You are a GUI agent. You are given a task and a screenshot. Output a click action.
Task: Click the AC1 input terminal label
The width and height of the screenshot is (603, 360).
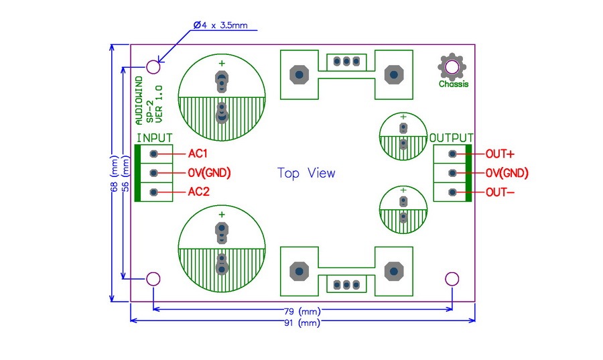[x=198, y=154]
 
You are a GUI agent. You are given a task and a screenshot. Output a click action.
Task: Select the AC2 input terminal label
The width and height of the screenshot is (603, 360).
[x=198, y=192]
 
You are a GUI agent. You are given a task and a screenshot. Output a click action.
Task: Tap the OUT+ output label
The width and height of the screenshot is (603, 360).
[x=500, y=154]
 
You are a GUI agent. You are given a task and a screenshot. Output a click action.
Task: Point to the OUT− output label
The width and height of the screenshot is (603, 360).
[x=500, y=192]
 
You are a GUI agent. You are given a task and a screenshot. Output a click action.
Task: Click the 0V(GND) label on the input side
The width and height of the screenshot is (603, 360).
[x=209, y=173]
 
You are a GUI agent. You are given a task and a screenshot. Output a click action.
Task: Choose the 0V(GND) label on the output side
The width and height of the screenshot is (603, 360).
[x=507, y=173]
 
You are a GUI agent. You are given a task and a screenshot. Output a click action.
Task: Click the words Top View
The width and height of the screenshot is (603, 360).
[x=306, y=173]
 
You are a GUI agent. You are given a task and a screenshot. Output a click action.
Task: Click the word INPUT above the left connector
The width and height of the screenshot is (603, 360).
[x=154, y=137]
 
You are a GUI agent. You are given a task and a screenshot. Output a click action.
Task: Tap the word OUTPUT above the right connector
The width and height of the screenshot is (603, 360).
[x=451, y=137]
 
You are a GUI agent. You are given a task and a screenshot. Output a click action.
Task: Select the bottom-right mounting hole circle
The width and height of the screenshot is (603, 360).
[x=452, y=279]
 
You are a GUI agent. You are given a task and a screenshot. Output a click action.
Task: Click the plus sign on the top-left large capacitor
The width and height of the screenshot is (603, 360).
[x=221, y=63]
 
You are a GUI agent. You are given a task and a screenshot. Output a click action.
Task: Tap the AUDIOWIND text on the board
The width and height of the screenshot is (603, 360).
[x=139, y=101]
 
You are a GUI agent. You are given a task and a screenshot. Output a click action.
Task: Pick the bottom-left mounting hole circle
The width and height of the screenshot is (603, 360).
[x=153, y=279]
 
